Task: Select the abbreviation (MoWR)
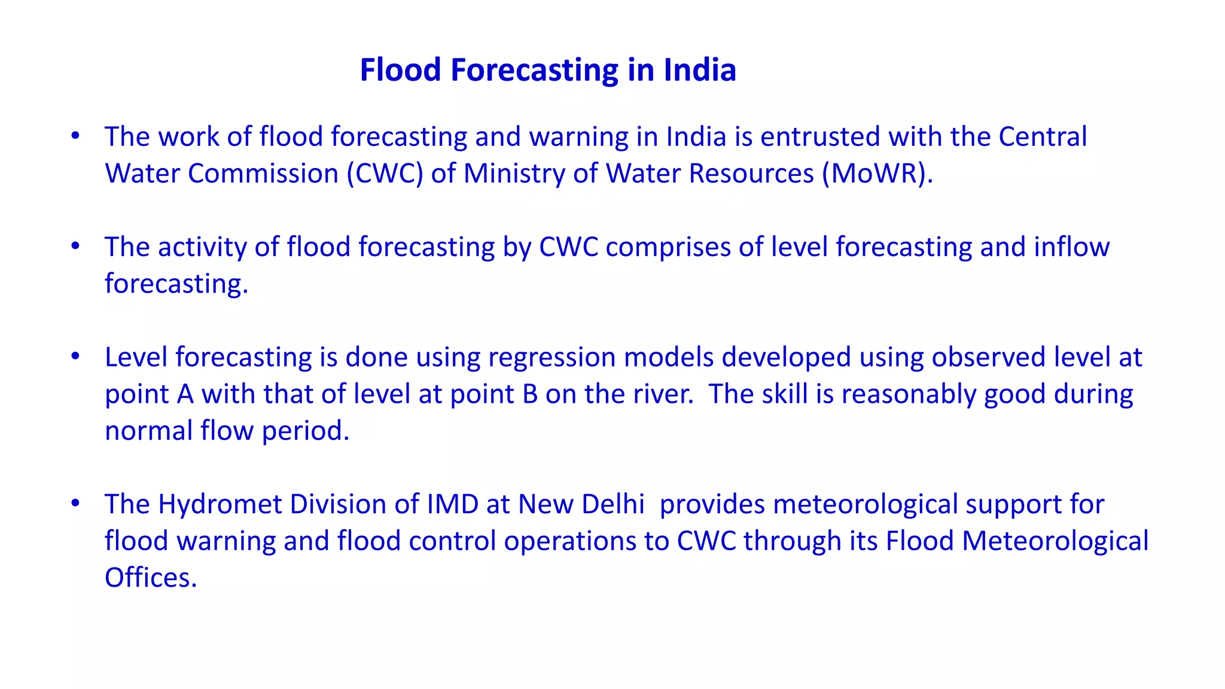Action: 877,173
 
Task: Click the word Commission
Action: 263,173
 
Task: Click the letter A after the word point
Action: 185,394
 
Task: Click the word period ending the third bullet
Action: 306,431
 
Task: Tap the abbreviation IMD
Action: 452,504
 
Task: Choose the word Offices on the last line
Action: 151,578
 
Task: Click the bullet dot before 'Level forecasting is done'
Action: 75,356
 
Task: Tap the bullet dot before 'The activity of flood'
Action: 75,246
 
